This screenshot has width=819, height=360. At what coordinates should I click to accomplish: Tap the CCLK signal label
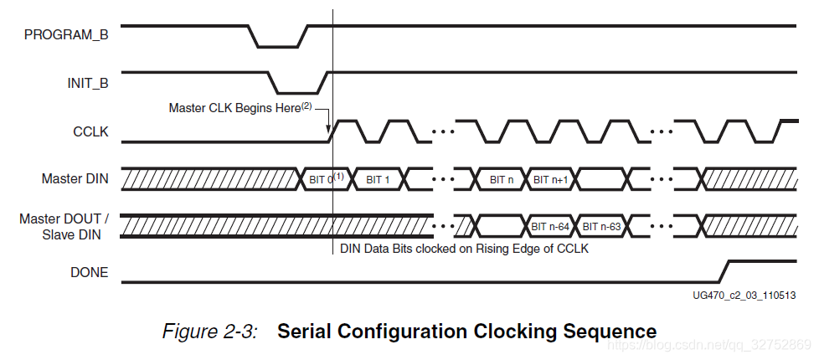[x=91, y=131]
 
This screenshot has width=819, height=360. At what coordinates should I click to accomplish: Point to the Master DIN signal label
[x=75, y=178]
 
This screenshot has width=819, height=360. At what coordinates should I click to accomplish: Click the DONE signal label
[x=90, y=272]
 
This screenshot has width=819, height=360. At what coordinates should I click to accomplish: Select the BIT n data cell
[x=502, y=178]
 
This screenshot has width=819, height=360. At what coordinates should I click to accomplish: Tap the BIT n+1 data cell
[x=551, y=178]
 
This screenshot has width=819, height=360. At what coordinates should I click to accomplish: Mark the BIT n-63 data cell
[x=601, y=225]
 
